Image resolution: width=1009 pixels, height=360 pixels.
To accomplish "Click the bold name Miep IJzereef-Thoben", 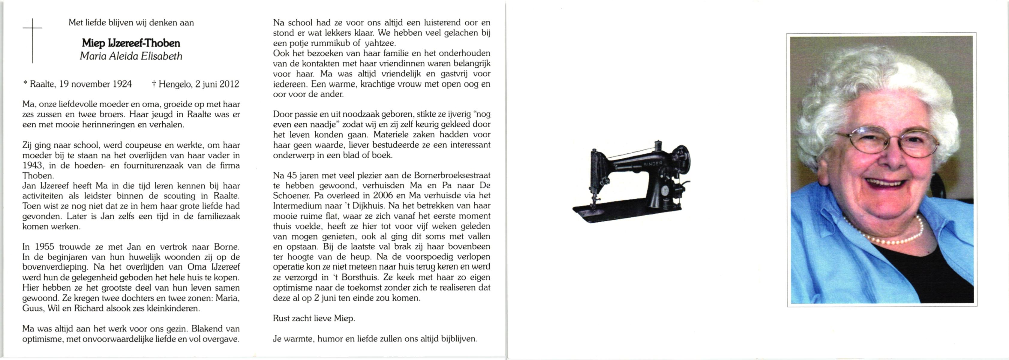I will pos(131,43).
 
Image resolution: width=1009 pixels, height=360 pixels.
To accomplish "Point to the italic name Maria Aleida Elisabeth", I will pos(131,56).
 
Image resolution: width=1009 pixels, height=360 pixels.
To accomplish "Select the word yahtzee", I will pos(380,43).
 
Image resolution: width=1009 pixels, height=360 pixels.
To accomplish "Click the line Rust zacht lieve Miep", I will pos(314,318).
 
